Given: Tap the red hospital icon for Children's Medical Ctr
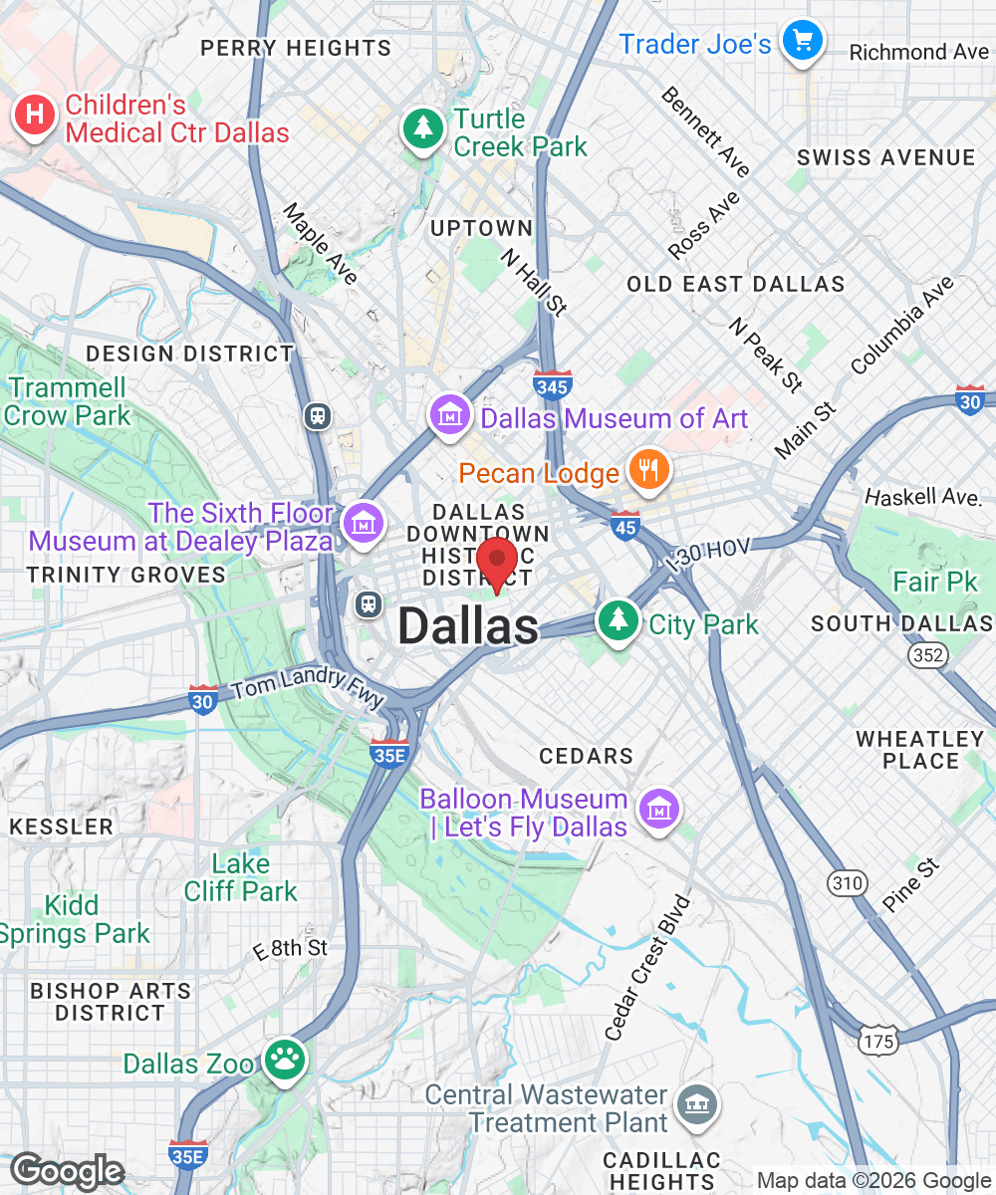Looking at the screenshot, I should coord(34,116).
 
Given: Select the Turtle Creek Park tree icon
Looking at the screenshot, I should coord(424,127).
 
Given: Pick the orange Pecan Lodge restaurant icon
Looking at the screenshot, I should coord(649,470).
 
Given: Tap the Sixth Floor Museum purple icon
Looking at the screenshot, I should coord(364,521).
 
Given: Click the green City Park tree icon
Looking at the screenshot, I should coord(619,620).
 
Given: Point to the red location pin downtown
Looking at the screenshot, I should coord(497,562).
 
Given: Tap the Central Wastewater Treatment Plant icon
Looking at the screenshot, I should coord(694,1104).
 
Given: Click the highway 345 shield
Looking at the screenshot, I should coord(552,384).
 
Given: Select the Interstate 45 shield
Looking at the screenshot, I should coord(625,525).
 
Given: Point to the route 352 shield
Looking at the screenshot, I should coord(925,653).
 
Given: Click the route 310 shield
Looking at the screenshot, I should coord(847,882).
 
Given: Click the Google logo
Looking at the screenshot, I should coord(66,1171).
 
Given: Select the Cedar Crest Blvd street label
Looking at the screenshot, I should coord(647,968).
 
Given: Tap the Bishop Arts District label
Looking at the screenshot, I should coord(110,1002).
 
